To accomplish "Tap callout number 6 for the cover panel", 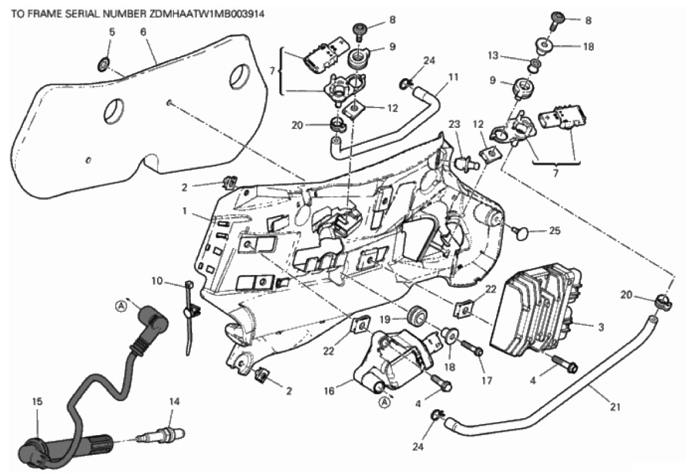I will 143,33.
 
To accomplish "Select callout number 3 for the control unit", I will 601,327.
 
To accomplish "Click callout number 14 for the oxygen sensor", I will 172,402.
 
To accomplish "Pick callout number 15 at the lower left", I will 37,402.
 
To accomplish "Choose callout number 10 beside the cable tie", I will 156,281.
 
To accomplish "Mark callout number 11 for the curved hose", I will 454,76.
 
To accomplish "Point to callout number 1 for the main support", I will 186,212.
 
